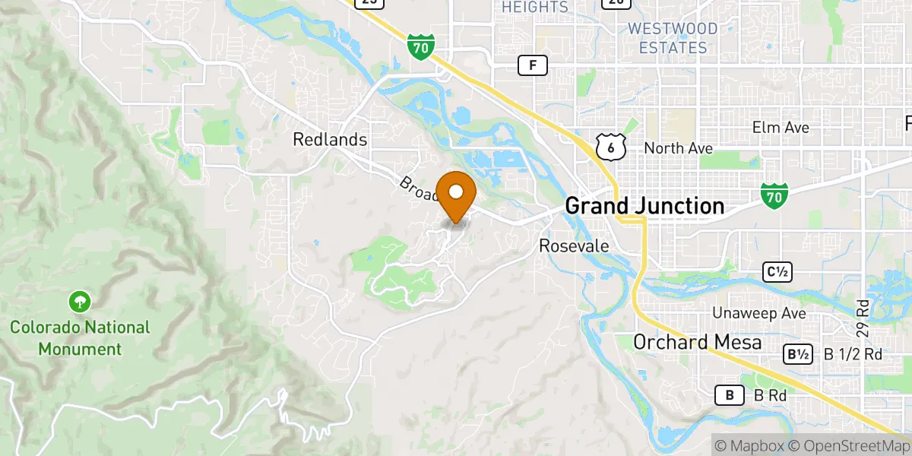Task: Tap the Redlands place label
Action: coord(331,140)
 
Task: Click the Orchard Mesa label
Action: coord(698,343)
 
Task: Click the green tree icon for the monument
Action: coord(78,302)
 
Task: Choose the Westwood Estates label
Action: coord(673,38)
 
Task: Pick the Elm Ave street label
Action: coord(781,127)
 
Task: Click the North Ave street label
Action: coord(679,148)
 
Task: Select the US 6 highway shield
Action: coord(610,147)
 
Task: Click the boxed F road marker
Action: coord(533,65)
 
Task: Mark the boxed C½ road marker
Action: coord(777,271)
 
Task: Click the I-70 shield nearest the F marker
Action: coord(420,46)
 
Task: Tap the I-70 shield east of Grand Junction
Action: coord(774,197)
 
